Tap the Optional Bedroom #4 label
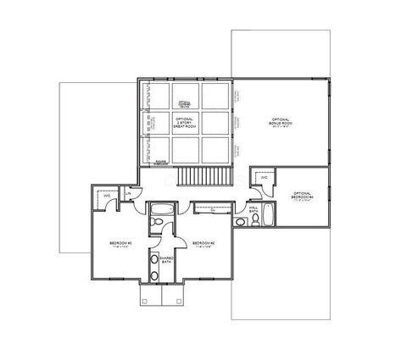[302, 195]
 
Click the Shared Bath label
[166, 260]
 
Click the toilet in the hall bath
[241, 223]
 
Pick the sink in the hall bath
[254, 222]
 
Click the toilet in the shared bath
[156, 223]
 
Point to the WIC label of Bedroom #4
[265, 178]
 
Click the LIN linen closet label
[127, 193]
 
